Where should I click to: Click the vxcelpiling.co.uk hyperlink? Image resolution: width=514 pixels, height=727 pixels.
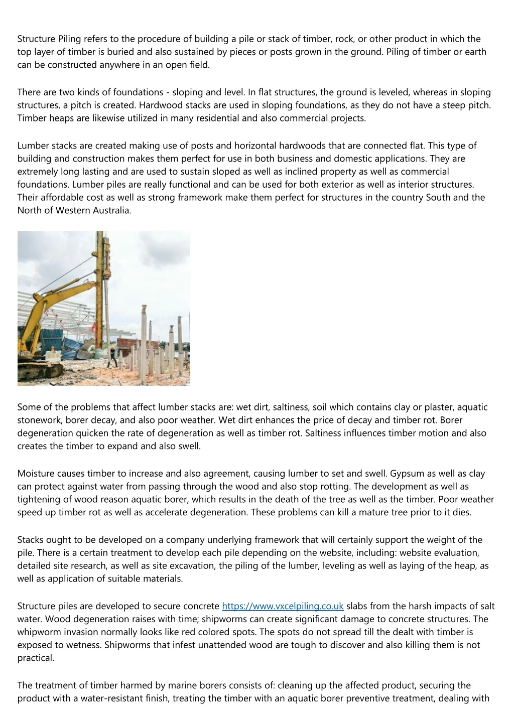[283, 606]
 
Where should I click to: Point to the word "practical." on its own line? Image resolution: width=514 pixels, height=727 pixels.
[36, 658]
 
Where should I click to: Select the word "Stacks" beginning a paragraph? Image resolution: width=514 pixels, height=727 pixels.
[30, 540]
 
